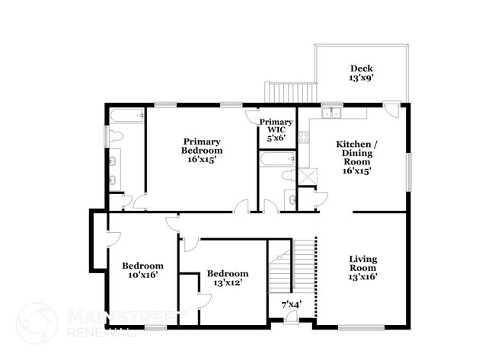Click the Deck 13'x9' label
362,72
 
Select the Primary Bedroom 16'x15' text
202,151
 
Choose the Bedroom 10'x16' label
143,270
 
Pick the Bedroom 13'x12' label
228,279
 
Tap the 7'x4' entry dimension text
292,304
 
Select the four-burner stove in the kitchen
304,138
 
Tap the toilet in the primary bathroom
115,137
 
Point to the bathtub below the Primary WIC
276,160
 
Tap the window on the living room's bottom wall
361,328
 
